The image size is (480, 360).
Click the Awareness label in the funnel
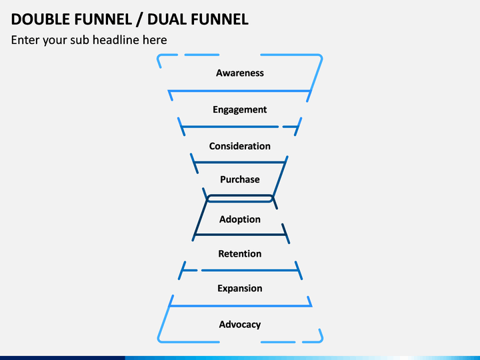[x=240, y=73]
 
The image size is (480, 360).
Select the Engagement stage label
[x=240, y=109]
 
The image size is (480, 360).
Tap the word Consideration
[x=240, y=146]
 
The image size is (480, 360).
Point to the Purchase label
[x=240, y=179]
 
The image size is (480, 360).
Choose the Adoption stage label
[x=240, y=219]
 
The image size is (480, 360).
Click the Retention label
[x=240, y=253]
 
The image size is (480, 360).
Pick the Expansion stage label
[x=240, y=289]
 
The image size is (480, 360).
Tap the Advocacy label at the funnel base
[x=240, y=325]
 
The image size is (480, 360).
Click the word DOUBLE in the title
[x=41, y=19]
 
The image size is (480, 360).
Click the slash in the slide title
[x=139, y=19]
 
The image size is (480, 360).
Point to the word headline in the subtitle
[x=130, y=40]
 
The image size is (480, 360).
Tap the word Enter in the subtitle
[x=25, y=40]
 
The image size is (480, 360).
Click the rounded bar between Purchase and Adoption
[x=240, y=199]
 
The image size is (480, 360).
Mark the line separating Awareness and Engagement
[x=240, y=91]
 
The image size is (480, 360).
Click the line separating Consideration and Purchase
[x=240, y=162]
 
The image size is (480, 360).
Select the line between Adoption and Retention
[x=240, y=235]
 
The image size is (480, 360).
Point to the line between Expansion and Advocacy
[x=240, y=305]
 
